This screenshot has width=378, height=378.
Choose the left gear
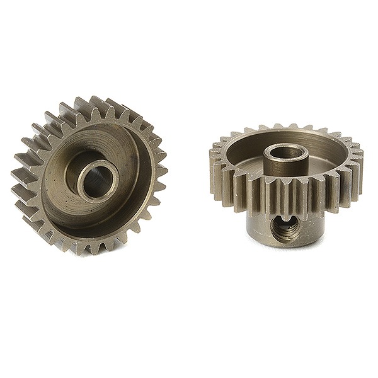pyautogui.click(x=91, y=173)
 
